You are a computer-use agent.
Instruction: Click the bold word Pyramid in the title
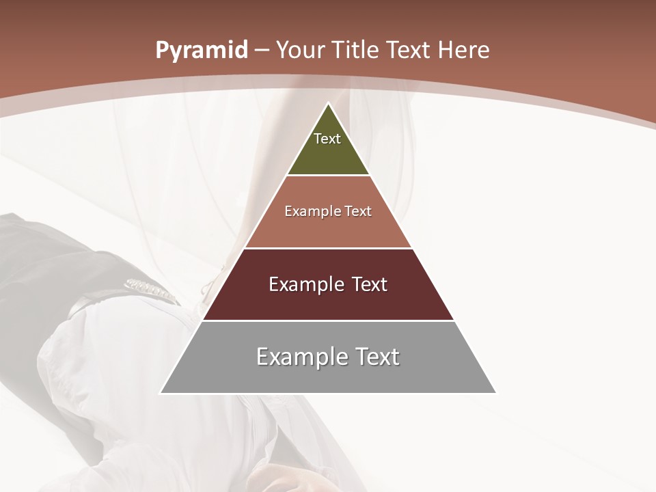pos(202,51)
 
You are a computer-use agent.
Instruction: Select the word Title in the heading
pos(356,50)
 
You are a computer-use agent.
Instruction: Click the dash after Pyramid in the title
pos(262,51)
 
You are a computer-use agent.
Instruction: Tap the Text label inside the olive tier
pos(327,139)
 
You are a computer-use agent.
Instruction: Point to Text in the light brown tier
pos(358,211)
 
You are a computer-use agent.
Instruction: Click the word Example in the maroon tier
pos(304,284)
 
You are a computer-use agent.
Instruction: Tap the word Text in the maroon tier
pos(369,284)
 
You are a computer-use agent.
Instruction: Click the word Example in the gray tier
pos(301,357)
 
